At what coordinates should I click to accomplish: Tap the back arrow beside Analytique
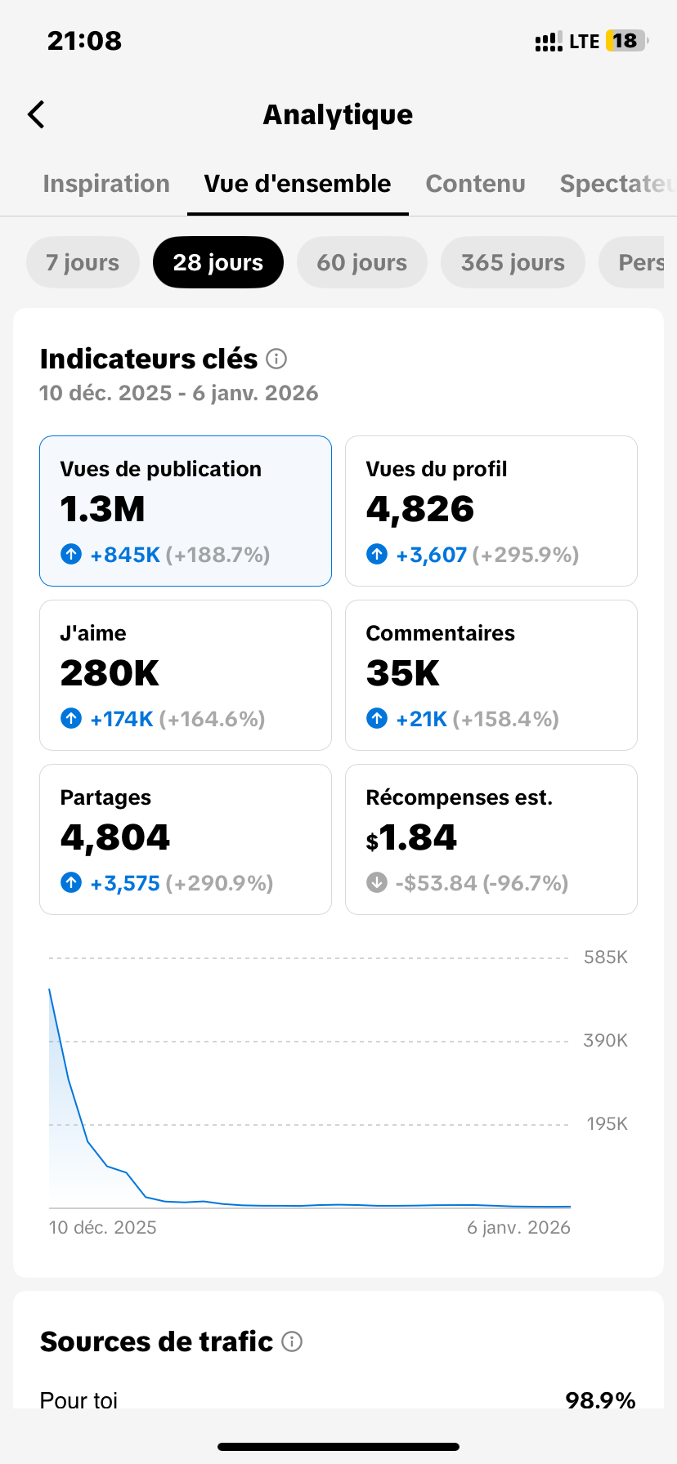[x=37, y=115]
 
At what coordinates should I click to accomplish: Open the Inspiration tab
[x=106, y=184]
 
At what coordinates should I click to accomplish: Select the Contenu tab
[x=475, y=184]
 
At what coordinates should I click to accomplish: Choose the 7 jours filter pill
[x=83, y=262]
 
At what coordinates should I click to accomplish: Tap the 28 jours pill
[x=218, y=262]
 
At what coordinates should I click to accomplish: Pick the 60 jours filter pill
[x=361, y=262]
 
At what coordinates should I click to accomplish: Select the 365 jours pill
[x=513, y=262]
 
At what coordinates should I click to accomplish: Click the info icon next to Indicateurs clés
[x=277, y=359]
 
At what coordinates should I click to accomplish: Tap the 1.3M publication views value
[x=103, y=509]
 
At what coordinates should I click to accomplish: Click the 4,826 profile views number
[x=420, y=509]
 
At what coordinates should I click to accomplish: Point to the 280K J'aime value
[x=110, y=673]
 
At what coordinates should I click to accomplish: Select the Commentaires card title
[x=440, y=633]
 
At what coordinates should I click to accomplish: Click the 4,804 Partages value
[x=115, y=837]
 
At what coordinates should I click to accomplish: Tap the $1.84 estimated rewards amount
[x=411, y=837]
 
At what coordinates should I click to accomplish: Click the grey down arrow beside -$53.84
[x=377, y=882]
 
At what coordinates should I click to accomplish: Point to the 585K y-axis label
[x=605, y=957]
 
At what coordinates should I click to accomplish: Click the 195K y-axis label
[x=607, y=1124]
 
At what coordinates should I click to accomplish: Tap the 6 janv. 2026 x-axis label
[x=518, y=1227]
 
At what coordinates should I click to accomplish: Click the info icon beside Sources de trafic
[x=292, y=1341]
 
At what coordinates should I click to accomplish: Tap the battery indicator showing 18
[x=626, y=41]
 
